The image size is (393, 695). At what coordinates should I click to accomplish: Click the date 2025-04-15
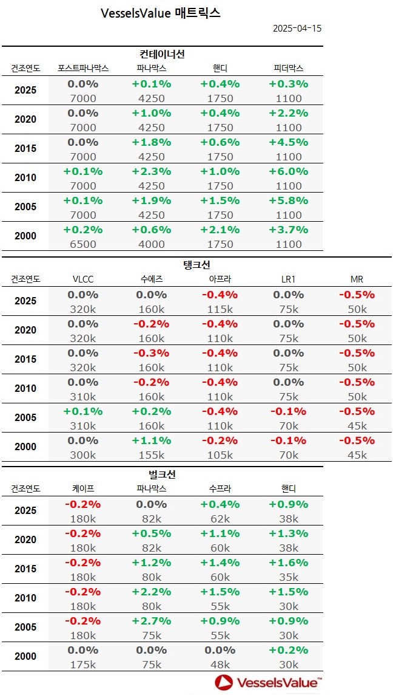297,29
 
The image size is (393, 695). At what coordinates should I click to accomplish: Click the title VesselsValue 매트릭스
161,13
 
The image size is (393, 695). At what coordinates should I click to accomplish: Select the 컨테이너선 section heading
162,54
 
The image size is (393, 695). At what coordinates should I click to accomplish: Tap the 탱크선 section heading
196,265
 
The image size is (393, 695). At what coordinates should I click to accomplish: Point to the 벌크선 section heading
162,474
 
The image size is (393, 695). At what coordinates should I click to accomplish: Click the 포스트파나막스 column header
83,68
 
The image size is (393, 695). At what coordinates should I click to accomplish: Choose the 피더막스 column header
288,68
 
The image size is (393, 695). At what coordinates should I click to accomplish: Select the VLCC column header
83,279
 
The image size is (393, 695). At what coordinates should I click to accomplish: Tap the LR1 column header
288,279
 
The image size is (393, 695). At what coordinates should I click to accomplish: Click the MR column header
357,279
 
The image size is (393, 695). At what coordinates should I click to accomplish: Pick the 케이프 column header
83,488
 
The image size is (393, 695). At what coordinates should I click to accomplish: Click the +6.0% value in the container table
288,171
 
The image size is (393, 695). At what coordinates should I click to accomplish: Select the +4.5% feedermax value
288,142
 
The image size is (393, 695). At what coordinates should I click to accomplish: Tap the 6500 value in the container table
83,244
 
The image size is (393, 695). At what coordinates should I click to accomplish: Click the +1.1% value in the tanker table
152,440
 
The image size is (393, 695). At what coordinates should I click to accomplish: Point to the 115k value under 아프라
220,309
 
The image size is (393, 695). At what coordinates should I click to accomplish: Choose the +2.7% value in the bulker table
152,620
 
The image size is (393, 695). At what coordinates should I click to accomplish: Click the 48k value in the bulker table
220,664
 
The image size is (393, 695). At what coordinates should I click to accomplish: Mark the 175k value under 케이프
83,664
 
